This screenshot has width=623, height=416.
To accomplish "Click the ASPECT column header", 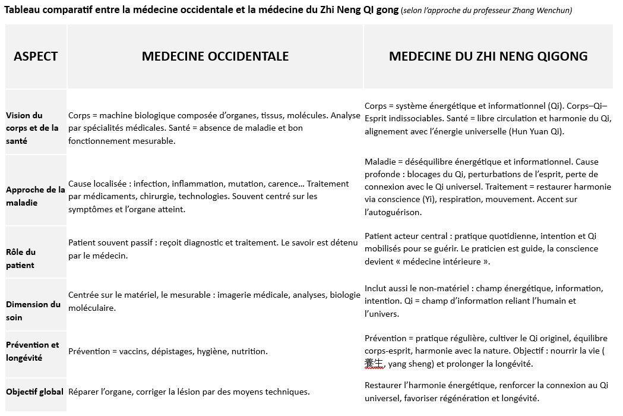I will click(36, 56).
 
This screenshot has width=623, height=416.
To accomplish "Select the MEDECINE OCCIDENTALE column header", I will click(215, 56).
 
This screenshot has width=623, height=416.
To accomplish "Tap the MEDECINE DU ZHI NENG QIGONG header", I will click(488, 56).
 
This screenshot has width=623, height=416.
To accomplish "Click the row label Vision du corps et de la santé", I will click(33, 128).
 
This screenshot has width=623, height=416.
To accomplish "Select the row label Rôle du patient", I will click(21, 259).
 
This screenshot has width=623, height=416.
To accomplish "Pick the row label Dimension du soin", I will click(33, 311).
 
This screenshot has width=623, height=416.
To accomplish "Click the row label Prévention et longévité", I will click(33, 351).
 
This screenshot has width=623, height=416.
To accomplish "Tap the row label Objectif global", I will click(35, 392).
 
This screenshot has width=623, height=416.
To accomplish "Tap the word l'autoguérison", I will click(393, 212).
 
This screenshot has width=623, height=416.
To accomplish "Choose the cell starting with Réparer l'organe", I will click(189, 392).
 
